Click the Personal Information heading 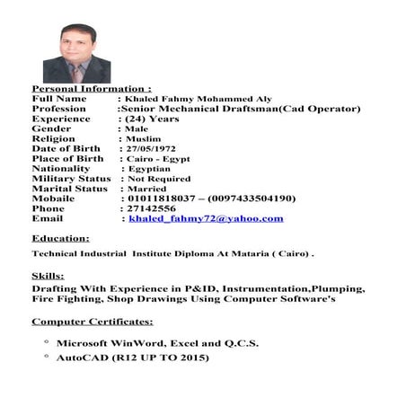point(92,89)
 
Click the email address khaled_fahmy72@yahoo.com point(206,218)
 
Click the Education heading point(60,238)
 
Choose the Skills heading point(48,276)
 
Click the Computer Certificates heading point(93,322)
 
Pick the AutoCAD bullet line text point(133,357)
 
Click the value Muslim point(143,138)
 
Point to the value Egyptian point(150,168)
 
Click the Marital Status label point(69,189)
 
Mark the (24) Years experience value point(151,119)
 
